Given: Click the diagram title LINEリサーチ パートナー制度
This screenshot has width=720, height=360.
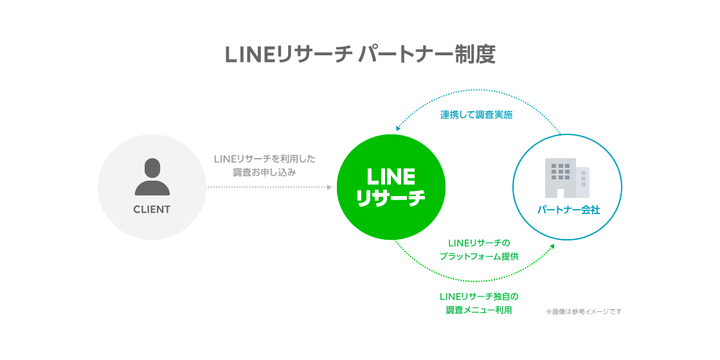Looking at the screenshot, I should pos(360,54).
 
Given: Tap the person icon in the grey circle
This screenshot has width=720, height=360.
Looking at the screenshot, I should pos(152,177).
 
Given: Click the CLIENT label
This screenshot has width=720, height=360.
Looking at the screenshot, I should pos(152,210).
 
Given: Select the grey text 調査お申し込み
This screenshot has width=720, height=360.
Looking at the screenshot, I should pos(264,172).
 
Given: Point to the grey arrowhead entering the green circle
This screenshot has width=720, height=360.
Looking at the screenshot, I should pos(329,187).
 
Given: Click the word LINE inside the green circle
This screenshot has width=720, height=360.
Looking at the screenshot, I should pos(391,176).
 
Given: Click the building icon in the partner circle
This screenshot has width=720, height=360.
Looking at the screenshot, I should pos(563,178).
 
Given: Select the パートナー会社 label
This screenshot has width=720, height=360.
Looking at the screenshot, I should pos(568,210).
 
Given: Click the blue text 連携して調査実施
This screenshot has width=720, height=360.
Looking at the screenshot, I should pos(476,116).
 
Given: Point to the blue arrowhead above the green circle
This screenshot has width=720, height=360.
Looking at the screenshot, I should pos(399,128).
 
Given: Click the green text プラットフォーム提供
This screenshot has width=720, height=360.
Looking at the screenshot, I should pos(479,256).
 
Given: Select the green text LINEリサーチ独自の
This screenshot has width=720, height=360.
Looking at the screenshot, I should pos(479,296).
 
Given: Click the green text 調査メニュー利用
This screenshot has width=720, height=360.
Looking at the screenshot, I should pos(479,310).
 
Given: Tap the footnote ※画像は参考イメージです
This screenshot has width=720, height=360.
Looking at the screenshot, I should pos(584,312).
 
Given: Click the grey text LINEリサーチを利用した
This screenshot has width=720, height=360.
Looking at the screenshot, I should pos(264,158).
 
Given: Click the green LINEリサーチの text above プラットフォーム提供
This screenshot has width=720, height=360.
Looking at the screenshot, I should pos(479,242).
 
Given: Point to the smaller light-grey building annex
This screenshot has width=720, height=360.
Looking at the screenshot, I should pos(583,183).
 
